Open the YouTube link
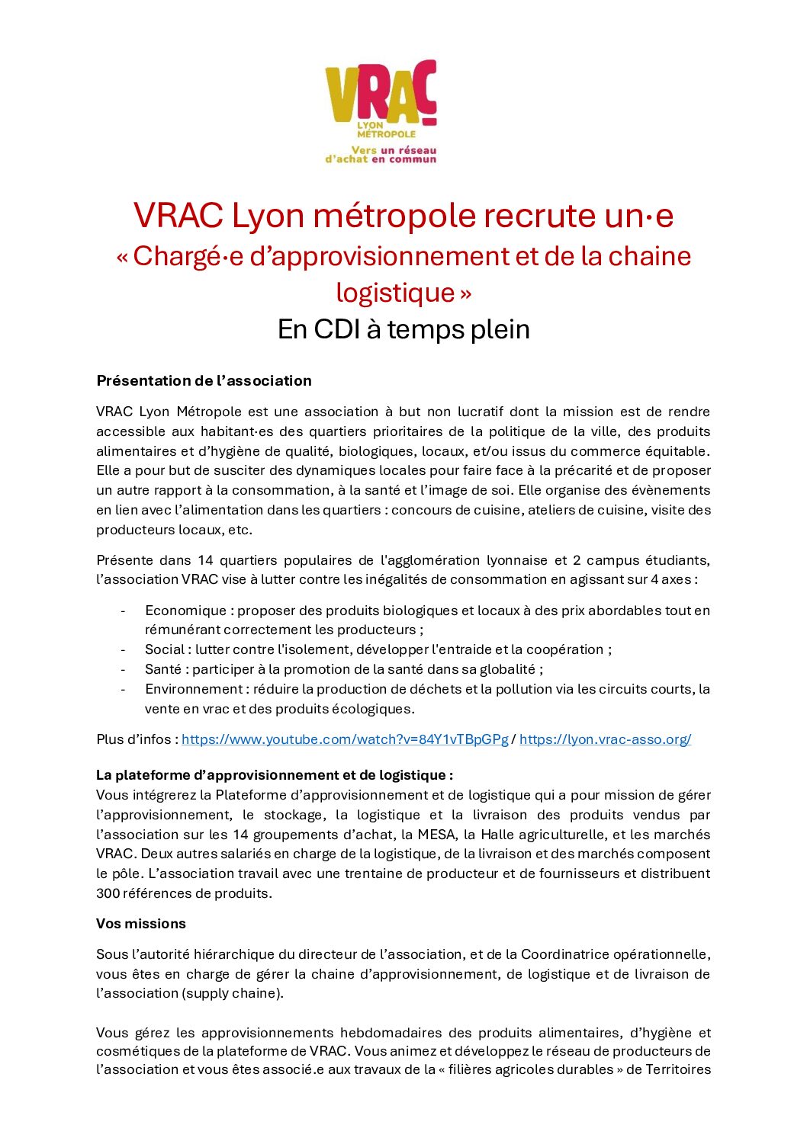pos(344,739)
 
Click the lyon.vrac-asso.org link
pos(605,739)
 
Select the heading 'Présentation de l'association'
pos(204,380)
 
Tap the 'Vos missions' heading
pos(141,924)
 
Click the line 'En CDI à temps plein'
pos(403,329)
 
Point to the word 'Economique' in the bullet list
pos(185,611)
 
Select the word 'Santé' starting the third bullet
pos(163,669)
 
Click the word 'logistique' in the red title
pos(394,293)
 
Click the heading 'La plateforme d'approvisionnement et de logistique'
pos(274,775)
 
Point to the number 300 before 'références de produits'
pos(108,893)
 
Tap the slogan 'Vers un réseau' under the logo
pos(394,150)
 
